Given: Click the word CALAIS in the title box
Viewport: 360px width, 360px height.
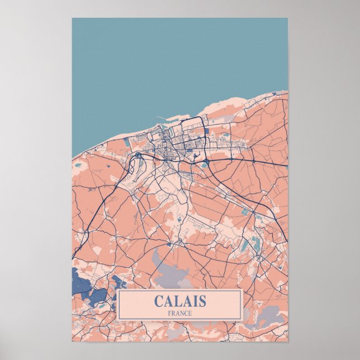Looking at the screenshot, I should pyautogui.click(x=179, y=301).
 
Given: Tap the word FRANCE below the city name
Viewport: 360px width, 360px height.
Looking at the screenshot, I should pyautogui.click(x=179, y=313).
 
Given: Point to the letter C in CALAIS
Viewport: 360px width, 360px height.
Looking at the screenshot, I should pyautogui.click(x=158, y=301).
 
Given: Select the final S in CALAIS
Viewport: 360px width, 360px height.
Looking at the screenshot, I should pyautogui.click(x=201, y=301).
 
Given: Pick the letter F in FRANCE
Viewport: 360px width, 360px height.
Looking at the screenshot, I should pyautogui.click(x=169, y=313).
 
